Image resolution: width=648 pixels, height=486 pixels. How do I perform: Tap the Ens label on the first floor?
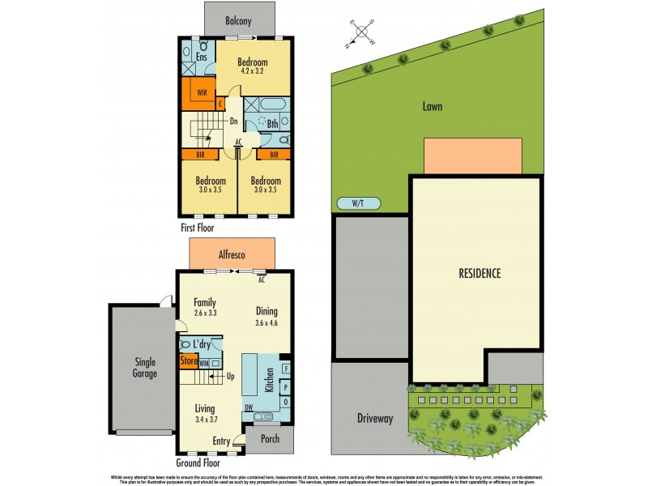[201, 57]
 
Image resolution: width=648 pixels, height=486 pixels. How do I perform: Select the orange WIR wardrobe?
[202, 92]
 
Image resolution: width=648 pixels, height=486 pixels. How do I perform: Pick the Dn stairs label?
[232, 122]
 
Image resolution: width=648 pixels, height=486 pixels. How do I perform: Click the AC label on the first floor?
[238, 142]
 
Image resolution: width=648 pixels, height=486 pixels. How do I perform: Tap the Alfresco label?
[232, 254]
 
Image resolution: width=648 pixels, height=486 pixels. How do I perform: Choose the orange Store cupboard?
[189, 360]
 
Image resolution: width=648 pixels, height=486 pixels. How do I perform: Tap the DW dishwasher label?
[249, 407]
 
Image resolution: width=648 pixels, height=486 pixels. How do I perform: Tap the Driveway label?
[374, 419]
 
